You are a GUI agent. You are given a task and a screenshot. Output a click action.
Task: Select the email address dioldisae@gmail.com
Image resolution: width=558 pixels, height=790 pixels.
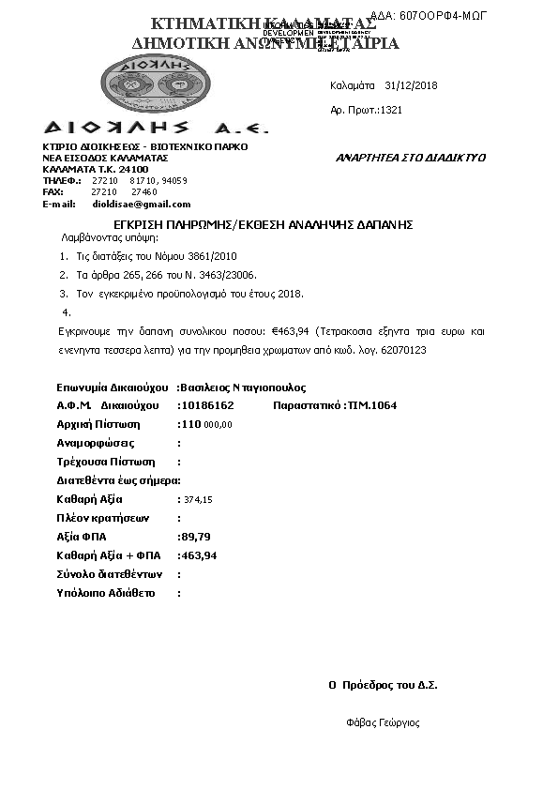click(142, 204)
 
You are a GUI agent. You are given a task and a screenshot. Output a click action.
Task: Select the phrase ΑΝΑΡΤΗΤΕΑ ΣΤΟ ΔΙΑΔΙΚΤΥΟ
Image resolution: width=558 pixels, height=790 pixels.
click(411, 158)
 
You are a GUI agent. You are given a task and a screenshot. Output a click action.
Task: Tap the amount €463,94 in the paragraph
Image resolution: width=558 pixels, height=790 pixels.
click(291, 331)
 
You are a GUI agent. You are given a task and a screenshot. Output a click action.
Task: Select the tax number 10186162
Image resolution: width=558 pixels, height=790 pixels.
click(207, 406)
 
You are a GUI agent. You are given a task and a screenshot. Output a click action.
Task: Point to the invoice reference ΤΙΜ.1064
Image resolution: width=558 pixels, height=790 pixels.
click(372, 406)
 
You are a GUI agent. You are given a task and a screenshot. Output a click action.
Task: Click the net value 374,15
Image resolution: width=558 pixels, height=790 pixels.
click(199, 500)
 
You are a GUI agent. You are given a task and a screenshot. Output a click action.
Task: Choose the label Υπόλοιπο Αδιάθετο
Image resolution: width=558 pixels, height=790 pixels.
click(107, 593)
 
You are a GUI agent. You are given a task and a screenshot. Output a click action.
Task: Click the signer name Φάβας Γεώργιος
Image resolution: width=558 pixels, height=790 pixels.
click(383, 722)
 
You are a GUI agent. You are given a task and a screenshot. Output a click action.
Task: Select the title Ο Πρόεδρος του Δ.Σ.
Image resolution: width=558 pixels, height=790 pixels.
click(383, 685)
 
